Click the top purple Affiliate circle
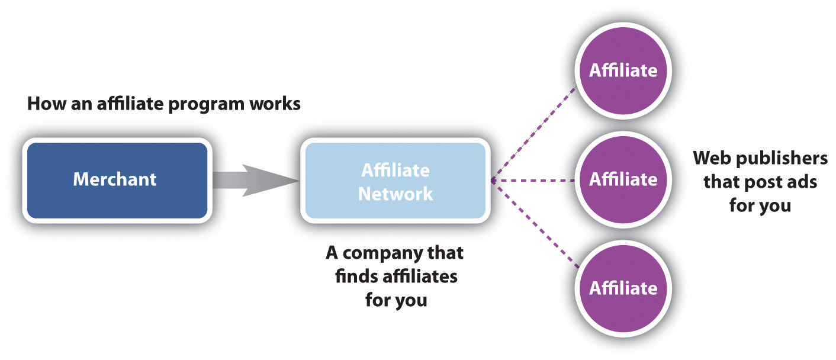click(x=623, y=70)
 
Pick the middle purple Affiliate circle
click(x=623, y=179)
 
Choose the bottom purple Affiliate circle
click(x=623, y=288)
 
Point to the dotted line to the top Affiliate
click(x=533, y=135)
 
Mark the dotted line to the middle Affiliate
click(x=533, y=180)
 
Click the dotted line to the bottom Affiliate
click(x=533, y=225)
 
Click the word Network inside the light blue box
click(x=395, y=193)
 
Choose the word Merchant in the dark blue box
click(x=115, y=179)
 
